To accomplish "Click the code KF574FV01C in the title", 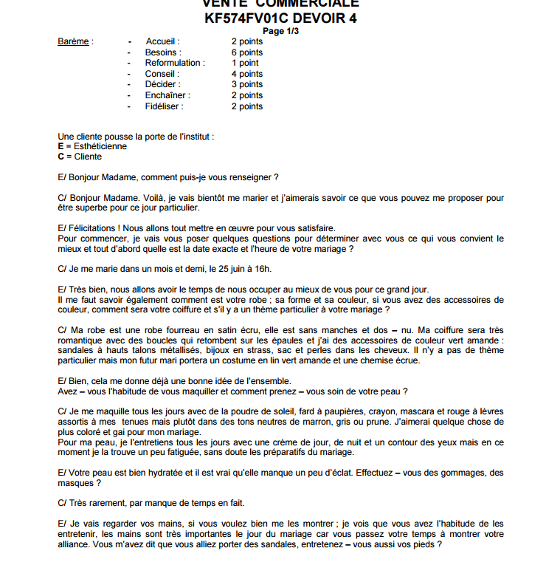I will [255, 18].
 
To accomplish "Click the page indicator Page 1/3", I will [281, 31].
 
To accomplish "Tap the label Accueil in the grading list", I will [162, 41].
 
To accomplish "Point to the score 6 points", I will [247, 52].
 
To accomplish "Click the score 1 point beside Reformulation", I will [245, 63].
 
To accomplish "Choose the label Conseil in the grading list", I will [161, 74].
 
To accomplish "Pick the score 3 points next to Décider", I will [247, 84].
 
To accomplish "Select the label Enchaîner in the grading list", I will [167, 95].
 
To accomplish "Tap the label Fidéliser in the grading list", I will [164, 106].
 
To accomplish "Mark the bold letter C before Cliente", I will [61, 157].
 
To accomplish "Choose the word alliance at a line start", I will [74, 544].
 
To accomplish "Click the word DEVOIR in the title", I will [325, 18].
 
